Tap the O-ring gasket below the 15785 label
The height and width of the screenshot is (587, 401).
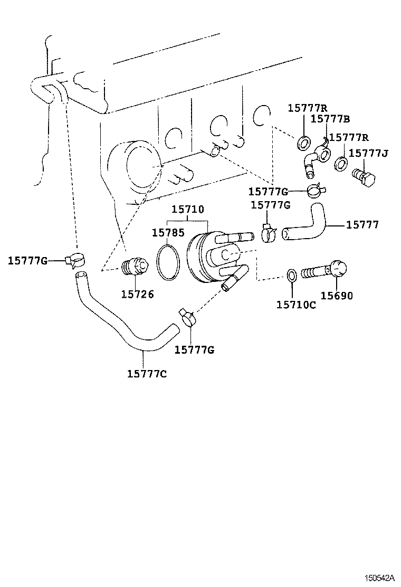[x=168, y=262]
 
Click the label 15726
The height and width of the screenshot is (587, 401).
[x=137, y=295]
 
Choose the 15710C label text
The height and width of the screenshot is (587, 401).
[x=296, y=304]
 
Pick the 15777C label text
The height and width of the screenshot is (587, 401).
[x=147, y=374]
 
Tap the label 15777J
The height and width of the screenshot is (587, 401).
[x=368, y=153]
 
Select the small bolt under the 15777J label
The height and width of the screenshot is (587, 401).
[x=364, y=177]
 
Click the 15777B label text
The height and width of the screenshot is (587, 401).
[x=330, y=119]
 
